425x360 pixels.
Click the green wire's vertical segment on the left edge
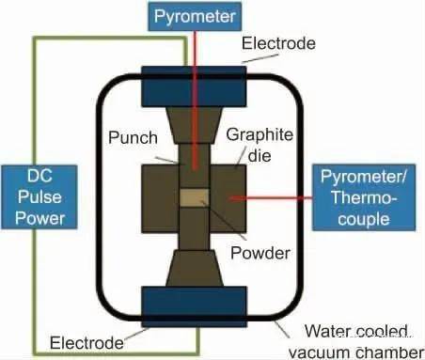35,103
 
